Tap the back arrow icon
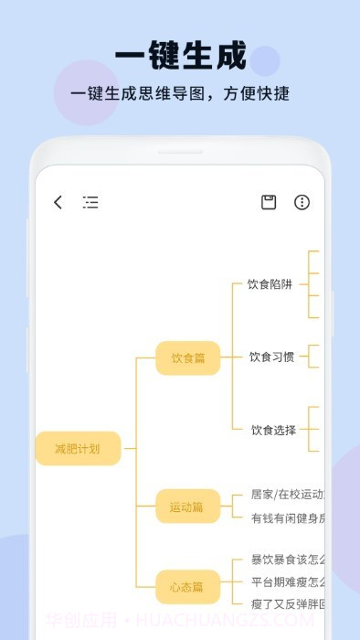tap(58, 202)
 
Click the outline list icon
tap(90, 202)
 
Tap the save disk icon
tap(269, 202)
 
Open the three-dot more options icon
tap(302, 202)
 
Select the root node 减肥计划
tap(78, 448)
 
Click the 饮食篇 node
tap(187, 357)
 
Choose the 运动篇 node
tap(187, 506)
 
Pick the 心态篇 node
tap(187, 586)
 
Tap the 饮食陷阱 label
tap(270, 284)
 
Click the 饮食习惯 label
tap(272, 357)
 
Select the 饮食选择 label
tap(274, 430)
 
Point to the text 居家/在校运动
tap(287, 495)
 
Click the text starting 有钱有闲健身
tap(287, 517)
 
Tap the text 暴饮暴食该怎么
tap(287, 560)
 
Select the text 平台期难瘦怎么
tap(287, 581)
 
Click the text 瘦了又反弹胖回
tap(287, 603)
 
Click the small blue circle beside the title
tap(265, 60)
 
